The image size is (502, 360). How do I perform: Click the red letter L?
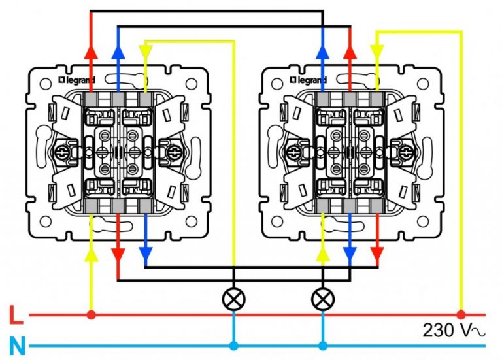pyautogui.click(x=17, y=317)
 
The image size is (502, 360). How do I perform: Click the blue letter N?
pyautogui.click(x=17, y=346)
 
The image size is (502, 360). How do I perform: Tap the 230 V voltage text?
pyautogui.click(x=454, y=331)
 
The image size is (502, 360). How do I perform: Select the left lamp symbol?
pyautogui.click(x=233, y=300)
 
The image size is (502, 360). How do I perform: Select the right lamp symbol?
pyautogui.click(x=321, y=300)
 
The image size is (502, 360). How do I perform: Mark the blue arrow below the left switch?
pyautogui.click(x=145, y=252)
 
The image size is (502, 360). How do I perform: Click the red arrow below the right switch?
pyautogui.click(x=376, y=252)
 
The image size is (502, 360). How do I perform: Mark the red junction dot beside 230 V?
pyautogui.click(x=461, y=314)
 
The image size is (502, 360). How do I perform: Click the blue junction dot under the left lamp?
pyautogui.click(x=233, y=346)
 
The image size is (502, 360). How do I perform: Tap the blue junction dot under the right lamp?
pyautogui.click(x=321, y=346)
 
